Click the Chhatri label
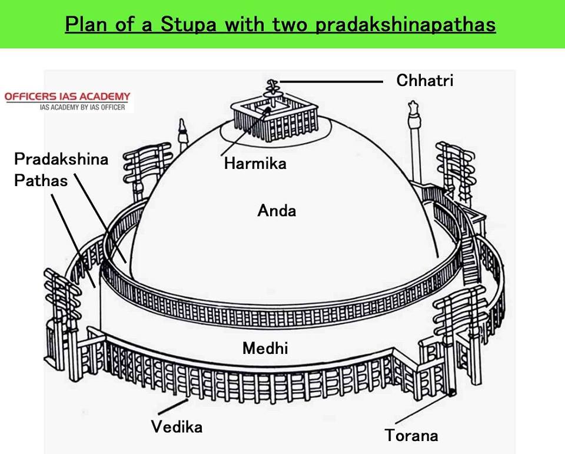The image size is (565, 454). [x=425, y=81]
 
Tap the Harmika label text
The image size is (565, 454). [x=255, y=163]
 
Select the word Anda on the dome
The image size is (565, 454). [x=277, y=210]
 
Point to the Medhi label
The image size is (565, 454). [x=265, y=349]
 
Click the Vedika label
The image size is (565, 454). [x=177, y=426]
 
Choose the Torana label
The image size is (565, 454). [x=411, y=436]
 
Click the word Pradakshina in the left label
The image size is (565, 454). [x=61, y=160]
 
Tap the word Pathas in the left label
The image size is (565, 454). [x=41, y=180]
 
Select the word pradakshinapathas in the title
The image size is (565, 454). [x=406, y=25]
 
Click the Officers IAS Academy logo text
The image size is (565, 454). [x=67, y=97]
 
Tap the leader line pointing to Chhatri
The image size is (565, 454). [x=333, y=82]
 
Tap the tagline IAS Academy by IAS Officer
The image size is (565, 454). [x=82, y=107]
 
